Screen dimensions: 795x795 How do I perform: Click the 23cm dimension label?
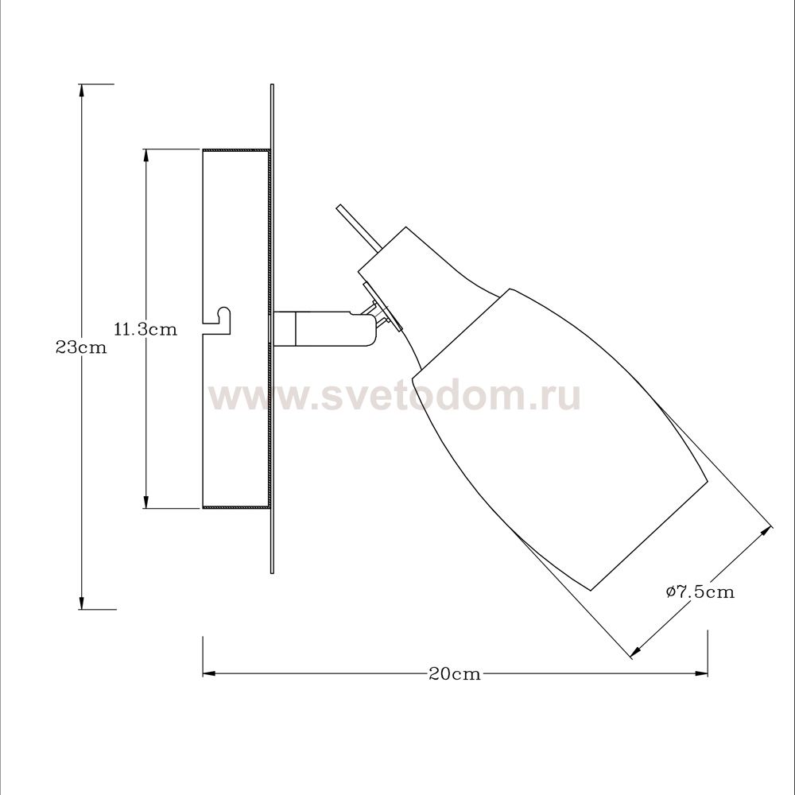pyautogui.click(x=82, y=348)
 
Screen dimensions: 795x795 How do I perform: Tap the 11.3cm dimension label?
pyautogui.click(x=146, y=330)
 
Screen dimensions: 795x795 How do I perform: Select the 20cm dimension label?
pyautogui.click(x=455, y=674)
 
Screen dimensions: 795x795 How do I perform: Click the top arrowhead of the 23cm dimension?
pyautogui.click(x=81, y=91)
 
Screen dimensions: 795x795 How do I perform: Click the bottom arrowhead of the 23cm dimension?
pyautogui.click(x=81, y=603)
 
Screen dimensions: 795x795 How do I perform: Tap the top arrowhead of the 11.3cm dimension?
pyautogui.click(x=146, y=156)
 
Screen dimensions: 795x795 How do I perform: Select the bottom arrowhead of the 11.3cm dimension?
pyautogui.click(x=146, y=501)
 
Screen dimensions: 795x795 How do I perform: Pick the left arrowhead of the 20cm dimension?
pyautogui.click(x=210, y=674)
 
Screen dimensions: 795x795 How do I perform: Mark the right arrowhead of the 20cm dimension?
pyautogui.click(x=700, y=674)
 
